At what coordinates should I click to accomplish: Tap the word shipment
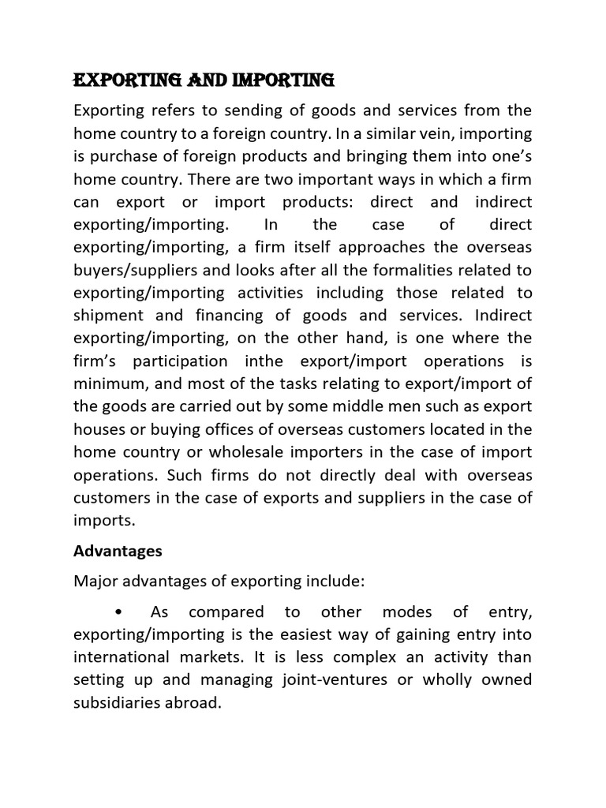(x=107, y=316)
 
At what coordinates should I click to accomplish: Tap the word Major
(x=95, y=582)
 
